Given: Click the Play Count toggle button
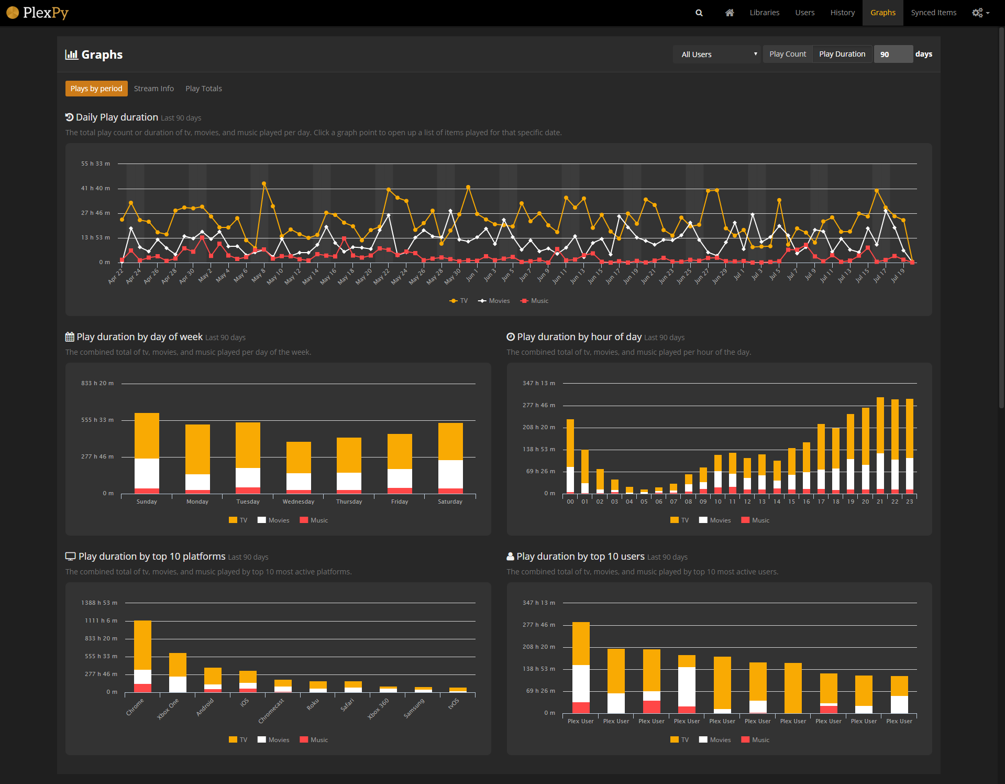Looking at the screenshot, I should pos(787,54).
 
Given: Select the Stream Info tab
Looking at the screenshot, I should pos(153,89).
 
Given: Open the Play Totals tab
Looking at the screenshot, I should pos(203,89).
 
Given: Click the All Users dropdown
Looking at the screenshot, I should pos(716,55).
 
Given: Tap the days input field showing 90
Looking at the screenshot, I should pos(893,55).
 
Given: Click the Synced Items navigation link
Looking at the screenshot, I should pos(933,13).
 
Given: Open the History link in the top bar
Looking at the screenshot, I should pos(842,13).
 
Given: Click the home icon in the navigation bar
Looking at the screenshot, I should pos(729,13).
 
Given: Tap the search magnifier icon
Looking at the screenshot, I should pos(699,13).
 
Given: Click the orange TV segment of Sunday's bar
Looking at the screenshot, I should pos(147,435).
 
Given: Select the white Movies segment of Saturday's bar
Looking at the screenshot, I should pos(450,474).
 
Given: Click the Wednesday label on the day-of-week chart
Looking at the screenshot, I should pos(299,502).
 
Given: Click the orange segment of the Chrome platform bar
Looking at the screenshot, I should pos(142,645).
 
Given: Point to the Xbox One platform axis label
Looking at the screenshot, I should pos(169,709).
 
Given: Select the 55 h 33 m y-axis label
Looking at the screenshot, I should pos(95,164).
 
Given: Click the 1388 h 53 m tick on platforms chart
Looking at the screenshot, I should pos(99,603).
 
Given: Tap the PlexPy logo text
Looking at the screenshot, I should pos(46,13).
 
